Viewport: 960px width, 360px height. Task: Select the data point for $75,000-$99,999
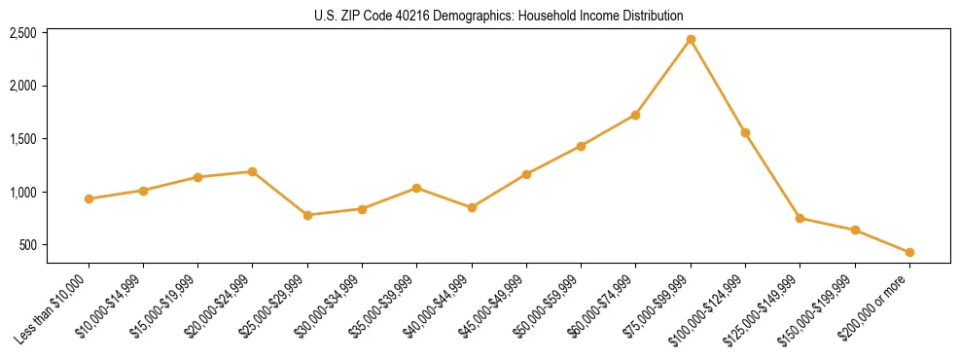691,40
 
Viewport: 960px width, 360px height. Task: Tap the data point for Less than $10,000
89,198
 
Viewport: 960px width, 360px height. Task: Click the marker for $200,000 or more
909,252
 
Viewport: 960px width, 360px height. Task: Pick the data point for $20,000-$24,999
253,171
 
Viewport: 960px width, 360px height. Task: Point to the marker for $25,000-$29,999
307,215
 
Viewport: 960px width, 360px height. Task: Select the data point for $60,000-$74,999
635,115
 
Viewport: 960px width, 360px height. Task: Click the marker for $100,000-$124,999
745,132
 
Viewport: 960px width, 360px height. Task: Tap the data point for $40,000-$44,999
472,207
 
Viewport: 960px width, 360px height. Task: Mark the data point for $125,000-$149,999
800,218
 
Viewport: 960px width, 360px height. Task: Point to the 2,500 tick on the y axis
22,33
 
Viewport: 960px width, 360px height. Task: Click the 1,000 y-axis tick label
22,192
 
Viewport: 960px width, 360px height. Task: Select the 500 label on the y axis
29,245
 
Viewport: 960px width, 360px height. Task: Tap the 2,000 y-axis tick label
22,86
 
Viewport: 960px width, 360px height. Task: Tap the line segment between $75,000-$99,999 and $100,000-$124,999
718,86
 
